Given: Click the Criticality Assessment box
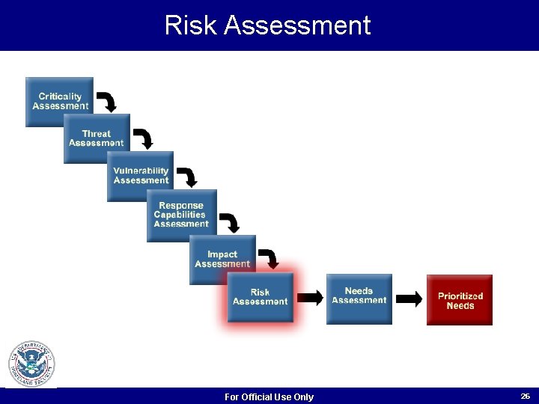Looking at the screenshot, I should click(59, 102).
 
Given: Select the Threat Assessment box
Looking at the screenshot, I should click(97, 138).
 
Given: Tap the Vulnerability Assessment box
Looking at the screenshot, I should click(140, 176).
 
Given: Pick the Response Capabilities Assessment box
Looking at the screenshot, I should click(181, 215).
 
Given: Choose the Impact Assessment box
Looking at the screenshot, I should click(222, 259).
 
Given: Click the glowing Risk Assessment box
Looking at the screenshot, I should click(260, 297).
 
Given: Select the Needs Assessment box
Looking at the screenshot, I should click(359, 299).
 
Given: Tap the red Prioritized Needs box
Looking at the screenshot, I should click(460, 300).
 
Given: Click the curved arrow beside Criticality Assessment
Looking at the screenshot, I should click(108, 102).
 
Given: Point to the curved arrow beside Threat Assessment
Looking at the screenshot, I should click(144, 138).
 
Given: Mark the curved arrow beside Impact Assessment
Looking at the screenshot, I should click(269, 259).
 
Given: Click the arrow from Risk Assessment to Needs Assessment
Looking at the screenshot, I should click(310, 299).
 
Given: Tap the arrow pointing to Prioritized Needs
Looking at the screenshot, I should click(409, 299).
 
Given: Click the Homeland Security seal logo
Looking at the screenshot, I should click(31, 364).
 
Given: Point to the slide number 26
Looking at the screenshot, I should click(525, 396).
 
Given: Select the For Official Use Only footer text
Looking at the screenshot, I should click(269, 397).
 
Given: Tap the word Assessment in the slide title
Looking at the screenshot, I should click(297, 25).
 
